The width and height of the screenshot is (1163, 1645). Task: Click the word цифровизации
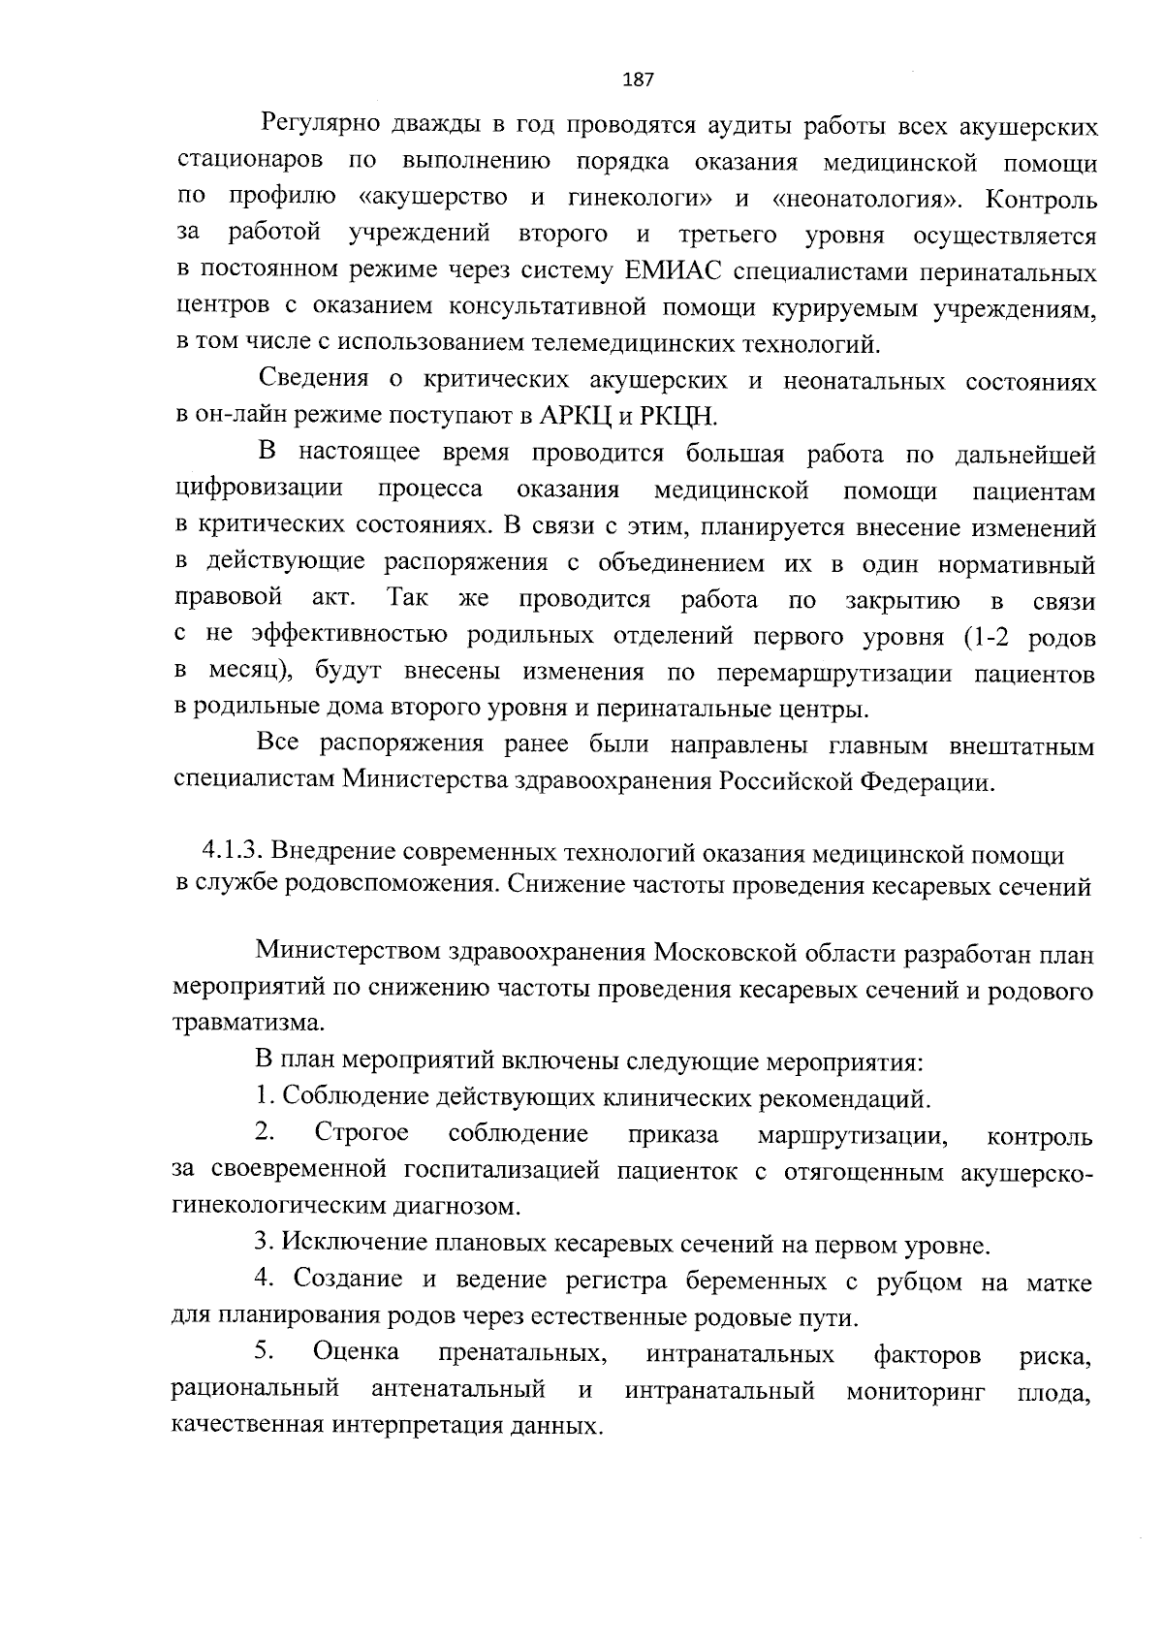pos(259,490)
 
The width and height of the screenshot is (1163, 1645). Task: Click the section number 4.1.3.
pos(233,852)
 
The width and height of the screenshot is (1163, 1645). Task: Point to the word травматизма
pos(242,1025)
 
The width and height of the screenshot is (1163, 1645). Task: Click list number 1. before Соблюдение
pos(265,1098)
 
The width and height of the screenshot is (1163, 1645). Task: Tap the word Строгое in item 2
pos(361,1134)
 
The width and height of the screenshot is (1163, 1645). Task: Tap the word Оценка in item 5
pos(356,1353)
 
